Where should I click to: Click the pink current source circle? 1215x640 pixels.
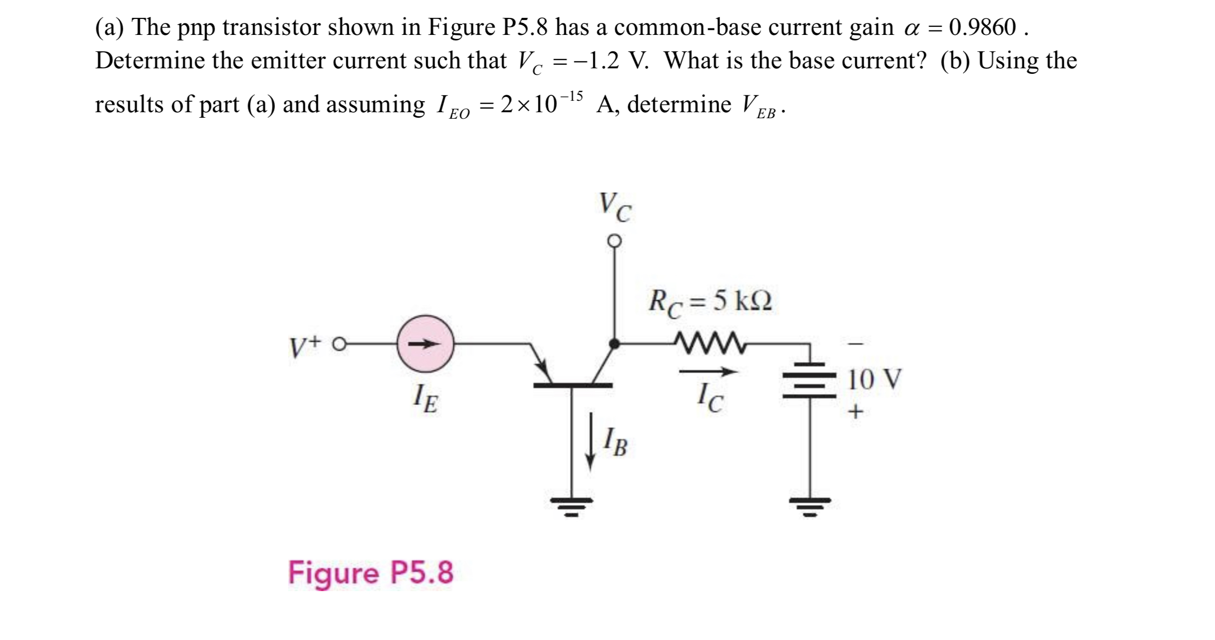pyautogui.click(x=425, y=344)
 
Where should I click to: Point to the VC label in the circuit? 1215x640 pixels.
pyautogui.click(x=615, y=207)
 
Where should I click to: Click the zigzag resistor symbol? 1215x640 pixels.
pyautogui.click(x=709, y=343)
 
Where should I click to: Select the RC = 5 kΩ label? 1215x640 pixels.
pyautogui.click(x=710, y=302)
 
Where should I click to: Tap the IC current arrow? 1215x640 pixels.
pyautogui.click(x=708, y=372)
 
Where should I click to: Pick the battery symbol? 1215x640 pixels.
pyautogui.click(x=809, y=380)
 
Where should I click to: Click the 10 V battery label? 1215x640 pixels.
pyautogui.click(x=875, y=380)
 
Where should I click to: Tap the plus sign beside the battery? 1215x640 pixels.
pyautogui.click(x=855, y=412)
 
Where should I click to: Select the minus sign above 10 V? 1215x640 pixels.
pyautogui.click(x=855, y=344)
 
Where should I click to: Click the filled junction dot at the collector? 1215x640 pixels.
pyautogui.click(x=615, y=344)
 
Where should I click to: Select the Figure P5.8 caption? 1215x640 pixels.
pyautogui.click(x=371, y=572)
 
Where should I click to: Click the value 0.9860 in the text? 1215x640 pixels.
pyautogui.click(x=982, y=27)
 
